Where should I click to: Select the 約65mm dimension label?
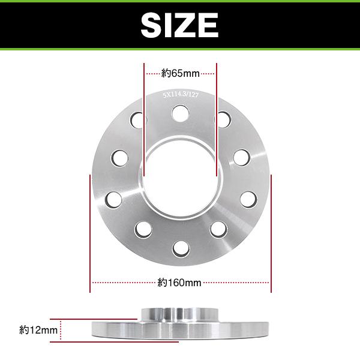(x=180, y=74)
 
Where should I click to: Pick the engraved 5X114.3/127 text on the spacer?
(x=180, y=94)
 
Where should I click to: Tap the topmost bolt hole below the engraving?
(x=179, y=112)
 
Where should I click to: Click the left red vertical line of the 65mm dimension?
(x=144, y=120)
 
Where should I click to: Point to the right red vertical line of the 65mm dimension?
(x=216, y=120)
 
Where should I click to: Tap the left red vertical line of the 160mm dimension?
(x=90, y=228)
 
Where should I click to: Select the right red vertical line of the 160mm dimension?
(x=272, y=228)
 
